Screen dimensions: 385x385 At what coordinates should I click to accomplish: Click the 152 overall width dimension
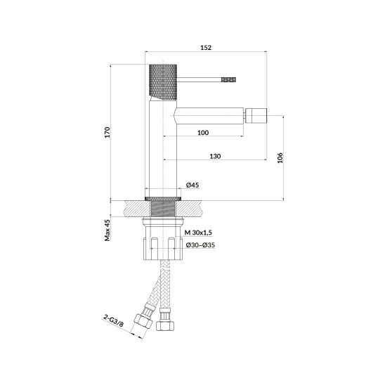pos(206,47)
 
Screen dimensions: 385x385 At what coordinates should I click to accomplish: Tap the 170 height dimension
pos(107,132)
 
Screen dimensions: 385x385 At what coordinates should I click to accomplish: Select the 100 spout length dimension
pos(203,133)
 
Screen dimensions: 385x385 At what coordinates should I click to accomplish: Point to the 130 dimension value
pos(215,156)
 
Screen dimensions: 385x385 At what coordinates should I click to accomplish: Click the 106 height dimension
pos(280,158)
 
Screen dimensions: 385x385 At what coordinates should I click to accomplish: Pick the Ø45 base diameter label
pos(192,185)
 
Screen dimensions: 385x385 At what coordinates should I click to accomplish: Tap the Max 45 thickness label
pos(107,230)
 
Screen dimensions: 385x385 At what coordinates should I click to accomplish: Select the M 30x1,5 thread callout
pos(198,233)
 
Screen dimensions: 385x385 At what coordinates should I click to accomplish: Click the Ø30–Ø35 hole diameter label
pos(200,245)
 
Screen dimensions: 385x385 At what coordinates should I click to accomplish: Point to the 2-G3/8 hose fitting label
pos(113,321)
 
